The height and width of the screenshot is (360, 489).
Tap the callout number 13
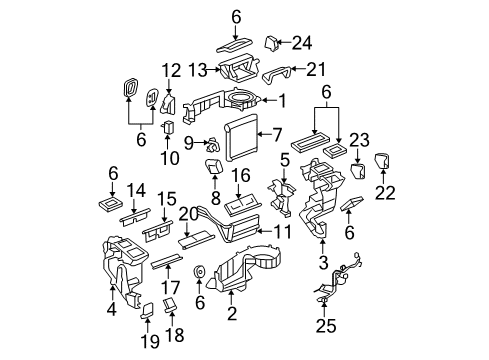click(198, 69)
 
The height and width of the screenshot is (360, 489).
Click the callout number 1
click(281, 100)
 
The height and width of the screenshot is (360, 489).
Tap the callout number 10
click(170, 157)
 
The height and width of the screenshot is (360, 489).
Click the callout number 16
click(241, 175)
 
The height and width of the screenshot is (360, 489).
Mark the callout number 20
click(188, 214)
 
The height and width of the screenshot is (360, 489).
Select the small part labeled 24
click(271, 41)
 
